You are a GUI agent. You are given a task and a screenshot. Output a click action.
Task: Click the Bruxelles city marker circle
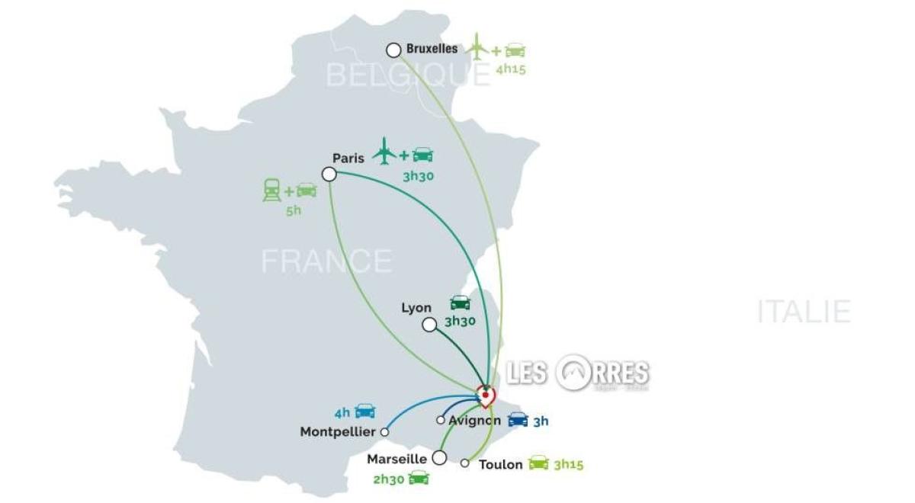393,50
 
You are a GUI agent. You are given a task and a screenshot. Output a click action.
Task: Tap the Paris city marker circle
329,175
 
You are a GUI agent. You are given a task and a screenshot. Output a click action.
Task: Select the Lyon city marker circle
429,325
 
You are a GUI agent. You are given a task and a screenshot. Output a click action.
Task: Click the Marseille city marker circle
439,458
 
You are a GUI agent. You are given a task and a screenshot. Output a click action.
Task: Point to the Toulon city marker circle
465,463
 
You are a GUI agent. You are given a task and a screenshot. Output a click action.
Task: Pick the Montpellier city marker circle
384,431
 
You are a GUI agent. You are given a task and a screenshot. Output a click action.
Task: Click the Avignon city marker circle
441,420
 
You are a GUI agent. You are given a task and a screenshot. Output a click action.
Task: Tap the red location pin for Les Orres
485,396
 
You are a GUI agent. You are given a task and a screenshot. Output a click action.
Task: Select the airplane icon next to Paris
384,151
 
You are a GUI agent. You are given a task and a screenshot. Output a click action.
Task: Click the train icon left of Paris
271,190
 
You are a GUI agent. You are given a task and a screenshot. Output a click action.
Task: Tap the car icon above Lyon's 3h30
460,303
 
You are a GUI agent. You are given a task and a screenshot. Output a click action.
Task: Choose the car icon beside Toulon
539,463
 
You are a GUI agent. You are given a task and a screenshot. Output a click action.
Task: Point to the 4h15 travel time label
512,69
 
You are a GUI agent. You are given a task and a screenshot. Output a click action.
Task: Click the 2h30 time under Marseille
387,479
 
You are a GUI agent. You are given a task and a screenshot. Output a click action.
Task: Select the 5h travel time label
294,210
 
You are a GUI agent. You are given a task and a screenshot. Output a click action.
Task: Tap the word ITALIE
804,312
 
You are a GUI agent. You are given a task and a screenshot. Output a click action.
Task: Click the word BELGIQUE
407,75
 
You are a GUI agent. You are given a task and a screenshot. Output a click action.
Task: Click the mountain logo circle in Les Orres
576,373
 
